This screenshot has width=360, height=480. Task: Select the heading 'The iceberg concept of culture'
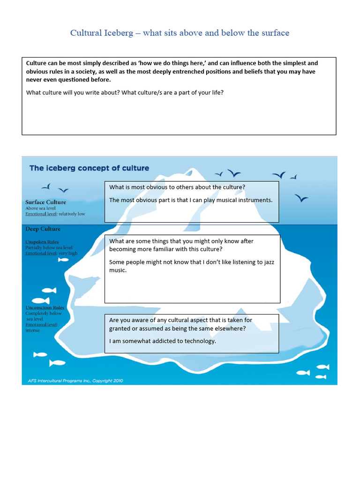[89, 168]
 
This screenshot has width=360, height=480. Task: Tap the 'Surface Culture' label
[45, 202]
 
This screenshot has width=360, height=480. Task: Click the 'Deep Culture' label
[43, 229]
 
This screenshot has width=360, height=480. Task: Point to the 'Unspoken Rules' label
[42, 242]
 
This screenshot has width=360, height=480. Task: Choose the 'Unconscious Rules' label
[45, 308]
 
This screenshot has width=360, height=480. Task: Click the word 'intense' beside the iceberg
[33, 330]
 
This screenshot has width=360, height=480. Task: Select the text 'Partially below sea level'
[49, 247]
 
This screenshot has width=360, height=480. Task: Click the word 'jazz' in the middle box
[265, 262]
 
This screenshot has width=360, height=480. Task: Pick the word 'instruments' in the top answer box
[255, 200]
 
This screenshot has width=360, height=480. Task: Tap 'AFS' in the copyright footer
[30, 381]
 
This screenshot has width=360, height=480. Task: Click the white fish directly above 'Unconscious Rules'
[41, 300]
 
